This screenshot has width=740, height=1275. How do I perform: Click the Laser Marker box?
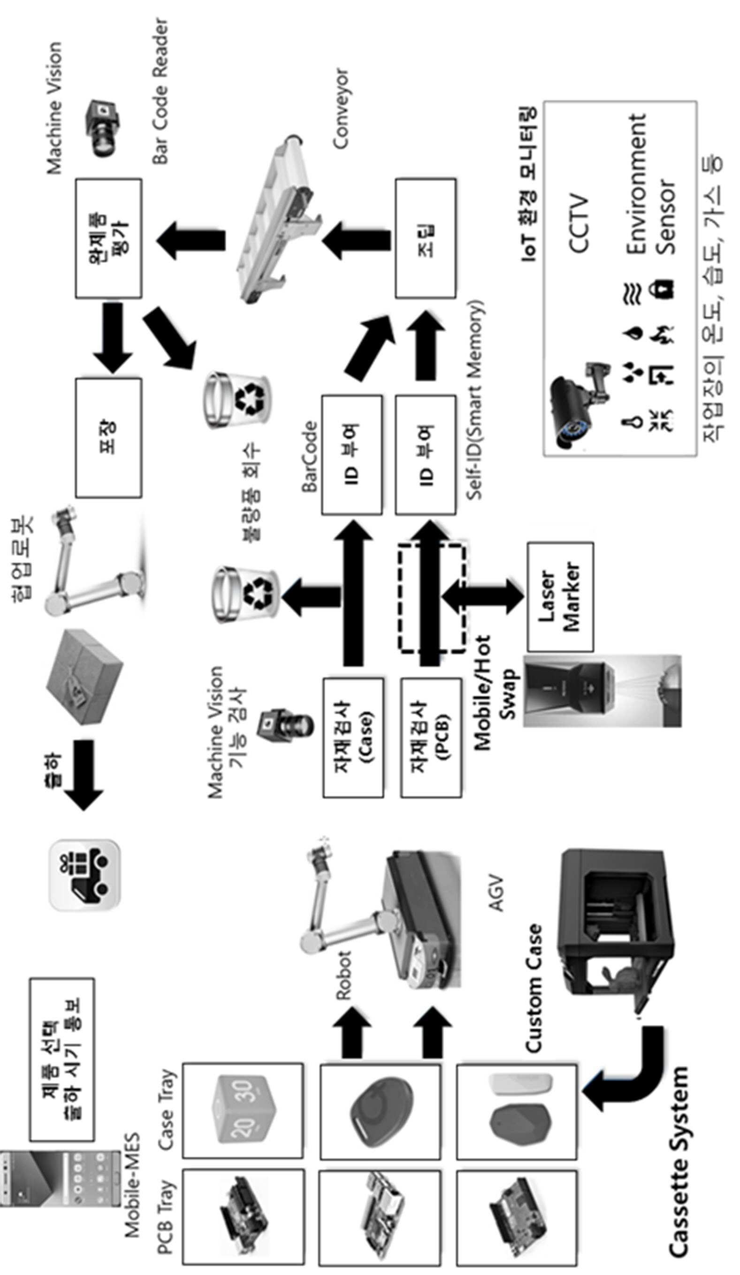tap(560, 597)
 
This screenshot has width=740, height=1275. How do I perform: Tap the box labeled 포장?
tap(108, 438)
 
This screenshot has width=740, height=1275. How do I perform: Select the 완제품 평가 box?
tap(108, 238)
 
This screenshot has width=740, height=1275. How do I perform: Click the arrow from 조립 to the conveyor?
tap(357, 238)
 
